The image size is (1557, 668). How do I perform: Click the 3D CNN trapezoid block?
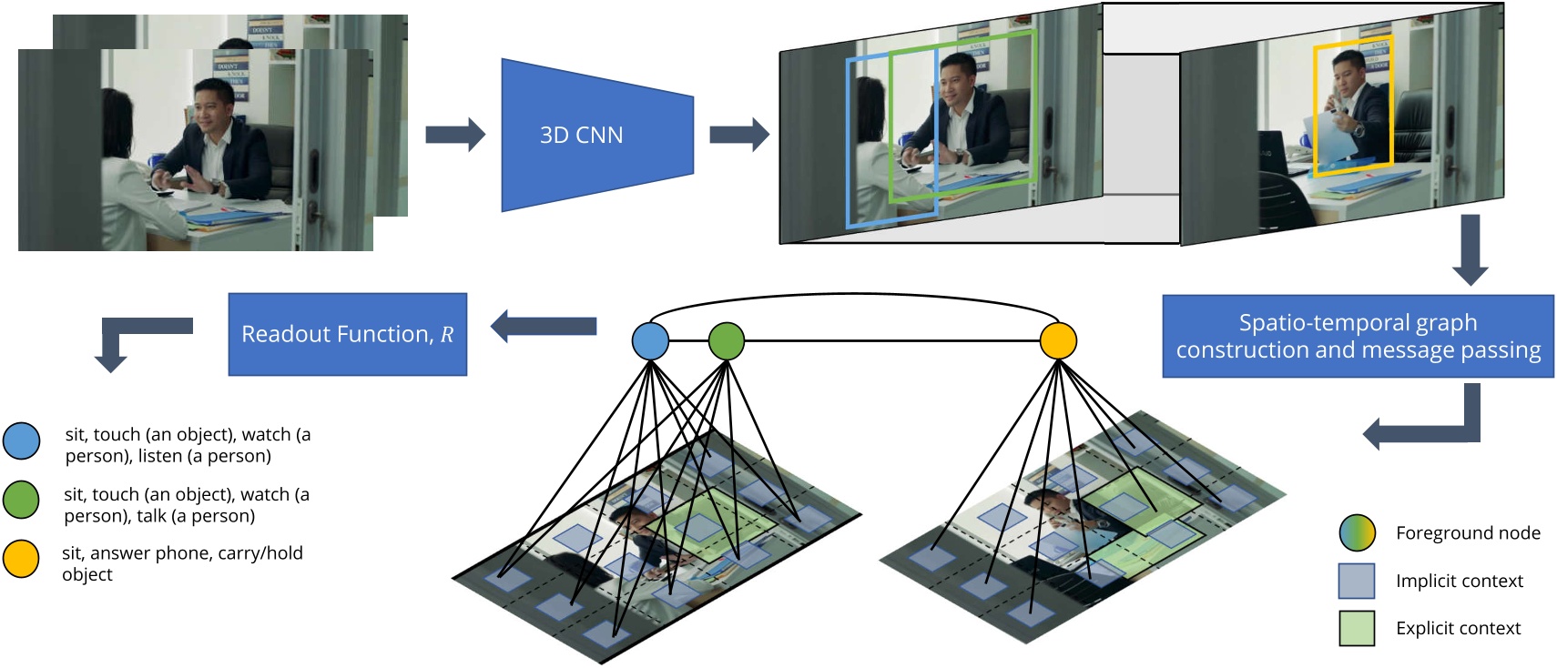(x=596, y=135)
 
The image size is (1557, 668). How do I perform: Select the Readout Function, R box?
(x=347, y=334)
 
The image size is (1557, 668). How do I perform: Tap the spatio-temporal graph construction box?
(x=1357, y=336)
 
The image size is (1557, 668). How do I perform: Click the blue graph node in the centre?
(x=650, y=341)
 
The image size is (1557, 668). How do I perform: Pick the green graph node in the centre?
(x=726, y=341)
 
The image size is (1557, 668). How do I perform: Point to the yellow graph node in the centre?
(x=1058, y=341)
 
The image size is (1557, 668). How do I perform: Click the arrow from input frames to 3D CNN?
(x=455, y=135)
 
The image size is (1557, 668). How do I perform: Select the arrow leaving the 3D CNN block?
(x=738, y=135)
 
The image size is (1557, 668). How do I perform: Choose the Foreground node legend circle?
(x=1357, y=533)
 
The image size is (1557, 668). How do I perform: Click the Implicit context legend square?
(x=1357, y=581)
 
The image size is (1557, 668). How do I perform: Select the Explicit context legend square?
(x=1357, y=628)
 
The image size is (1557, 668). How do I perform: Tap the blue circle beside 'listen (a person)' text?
(x=22, y=441)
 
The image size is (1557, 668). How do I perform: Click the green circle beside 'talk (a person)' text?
(x=21, y=500)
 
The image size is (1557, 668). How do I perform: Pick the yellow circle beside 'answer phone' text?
(x=21, y=559)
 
